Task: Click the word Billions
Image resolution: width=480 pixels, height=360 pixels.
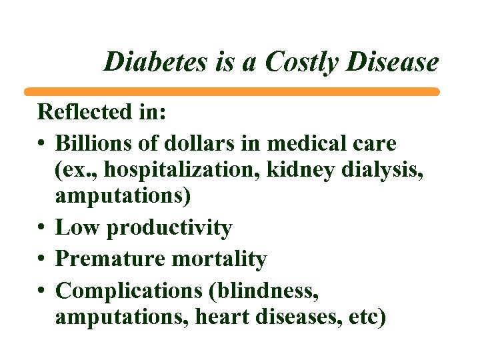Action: (x=90, y=143)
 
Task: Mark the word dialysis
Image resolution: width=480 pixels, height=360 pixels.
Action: (x=377, y=171)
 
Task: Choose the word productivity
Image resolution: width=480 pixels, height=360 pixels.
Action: (x=169, y=228)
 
